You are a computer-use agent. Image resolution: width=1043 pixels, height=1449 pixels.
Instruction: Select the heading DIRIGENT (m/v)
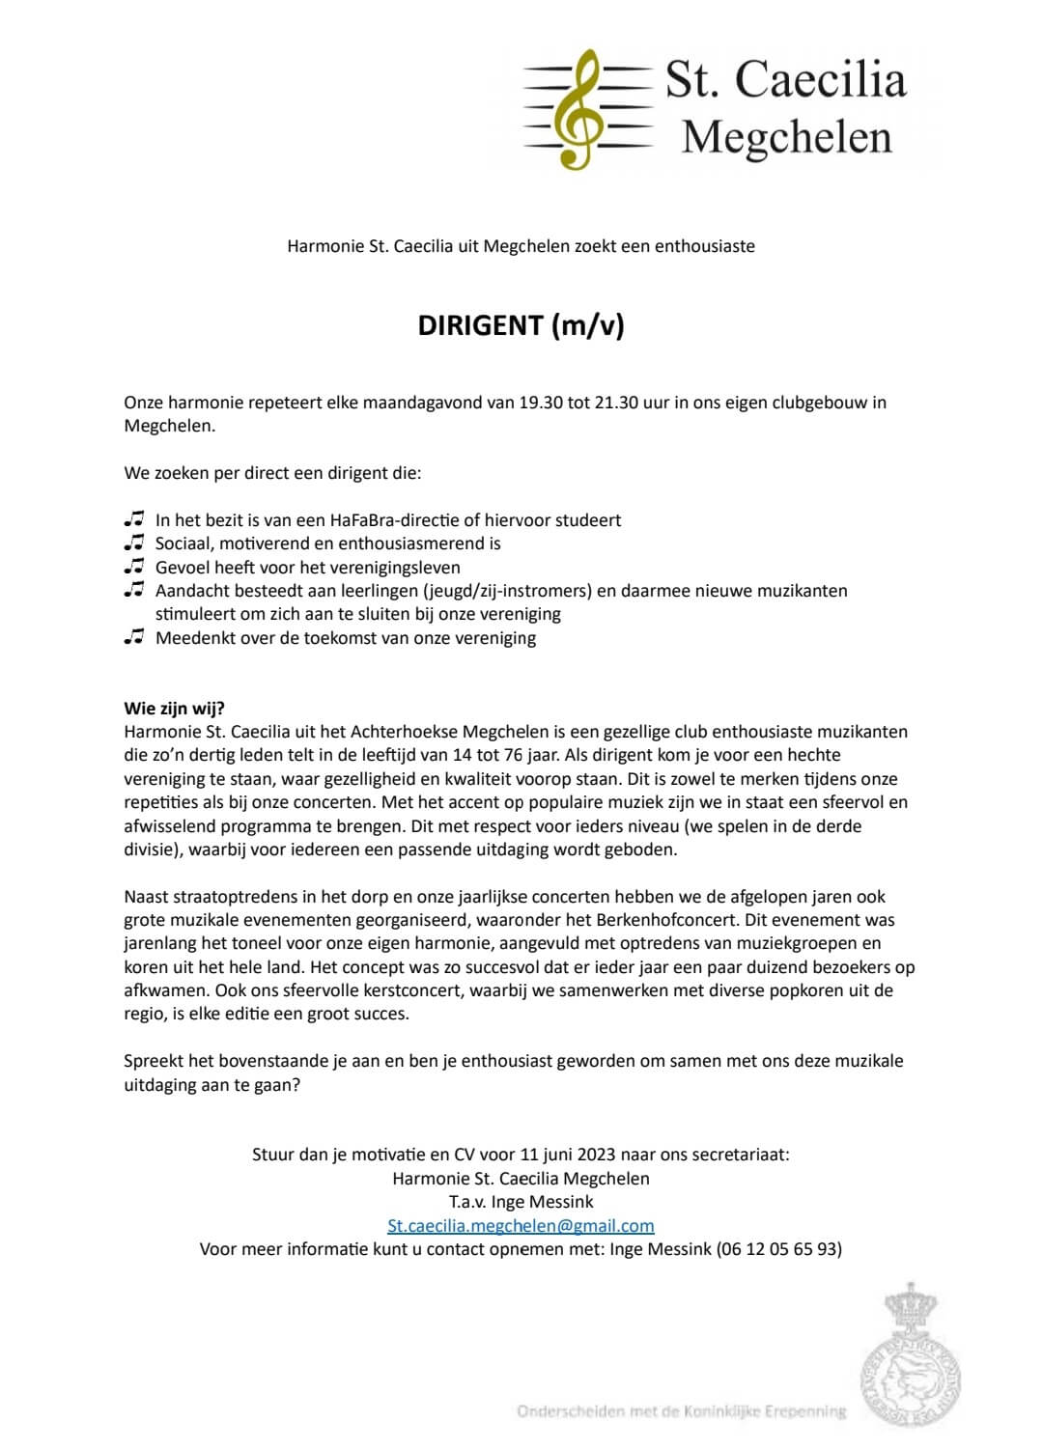pyautogui.click(x=521, y=325)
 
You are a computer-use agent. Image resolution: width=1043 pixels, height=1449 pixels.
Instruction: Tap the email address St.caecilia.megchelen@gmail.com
pyautogui.click(x=521, y=1225)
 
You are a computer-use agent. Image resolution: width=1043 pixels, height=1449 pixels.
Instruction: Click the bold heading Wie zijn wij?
pyautogui.click(x=175, y=709)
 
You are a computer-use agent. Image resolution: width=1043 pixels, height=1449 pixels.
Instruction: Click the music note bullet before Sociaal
pyautogui.click(x=134, y=543)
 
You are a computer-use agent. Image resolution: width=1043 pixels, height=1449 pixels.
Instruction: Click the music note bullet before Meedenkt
pyautogui.click(x=134, y=637)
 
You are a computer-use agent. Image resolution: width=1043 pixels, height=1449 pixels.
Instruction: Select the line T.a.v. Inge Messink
pyautogui.click(x=521, y=1202)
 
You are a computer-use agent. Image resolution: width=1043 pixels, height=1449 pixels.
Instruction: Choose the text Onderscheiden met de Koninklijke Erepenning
pyautogui.click(x=682, y=1411)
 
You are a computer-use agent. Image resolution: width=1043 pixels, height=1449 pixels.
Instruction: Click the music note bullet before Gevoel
pyautogui.click(x=134, y=567)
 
